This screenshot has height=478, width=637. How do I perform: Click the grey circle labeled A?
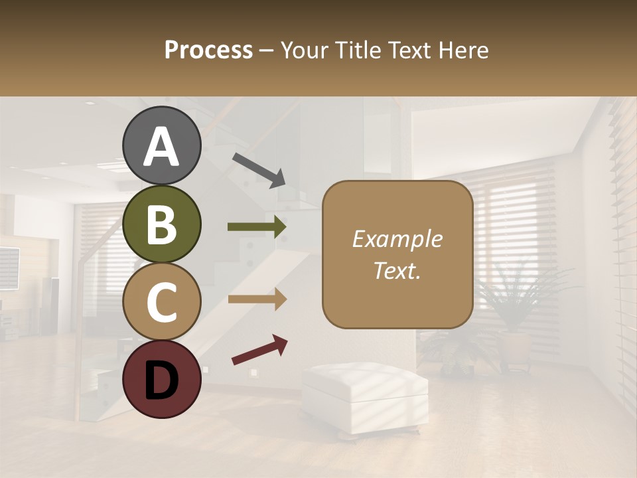point(162,145)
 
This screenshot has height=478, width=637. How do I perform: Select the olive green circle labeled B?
point(162,224)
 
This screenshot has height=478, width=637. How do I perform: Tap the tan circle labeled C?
point(162,301)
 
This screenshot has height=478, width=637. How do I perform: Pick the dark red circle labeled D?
point(162,379)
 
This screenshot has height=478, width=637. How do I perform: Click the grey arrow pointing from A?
point(259,170)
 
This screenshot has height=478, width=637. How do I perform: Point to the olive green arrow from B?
point(257,227)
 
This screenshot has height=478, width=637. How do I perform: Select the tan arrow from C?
point(257,299)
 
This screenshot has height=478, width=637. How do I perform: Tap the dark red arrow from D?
point(259,350)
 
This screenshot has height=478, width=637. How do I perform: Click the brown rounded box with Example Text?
point(397,254)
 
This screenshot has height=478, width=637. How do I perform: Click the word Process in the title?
point(208,50)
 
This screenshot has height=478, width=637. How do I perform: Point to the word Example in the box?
point(397,239)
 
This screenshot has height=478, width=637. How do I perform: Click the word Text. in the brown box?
point(397,271)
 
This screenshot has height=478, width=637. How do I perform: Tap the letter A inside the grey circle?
point(162,147)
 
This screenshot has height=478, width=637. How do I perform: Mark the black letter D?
point(162,380)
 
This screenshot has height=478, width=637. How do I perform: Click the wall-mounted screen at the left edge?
point(9,268)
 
